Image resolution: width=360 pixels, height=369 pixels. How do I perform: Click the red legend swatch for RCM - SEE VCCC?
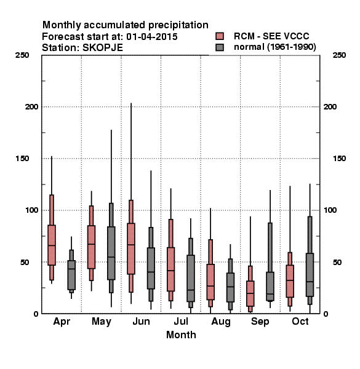coord(220,36)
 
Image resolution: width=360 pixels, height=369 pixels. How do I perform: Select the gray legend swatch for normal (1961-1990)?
coord(220,47)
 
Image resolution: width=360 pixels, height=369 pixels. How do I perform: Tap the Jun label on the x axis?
coord(141,321)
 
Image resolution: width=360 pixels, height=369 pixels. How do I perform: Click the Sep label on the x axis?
coord(260,322)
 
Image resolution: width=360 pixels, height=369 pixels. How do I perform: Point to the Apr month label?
coord(62,322)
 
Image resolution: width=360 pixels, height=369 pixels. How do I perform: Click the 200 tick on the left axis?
coord(31,106)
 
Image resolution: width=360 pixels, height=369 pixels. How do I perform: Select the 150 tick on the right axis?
coord(339,159)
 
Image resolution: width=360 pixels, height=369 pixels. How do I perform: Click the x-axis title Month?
coord(181,335)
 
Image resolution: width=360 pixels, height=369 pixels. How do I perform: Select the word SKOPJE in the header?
coord(102,48)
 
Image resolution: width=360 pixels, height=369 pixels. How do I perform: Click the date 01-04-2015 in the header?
coord(151,36)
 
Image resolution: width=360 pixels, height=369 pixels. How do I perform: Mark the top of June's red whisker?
coord(131,103)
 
